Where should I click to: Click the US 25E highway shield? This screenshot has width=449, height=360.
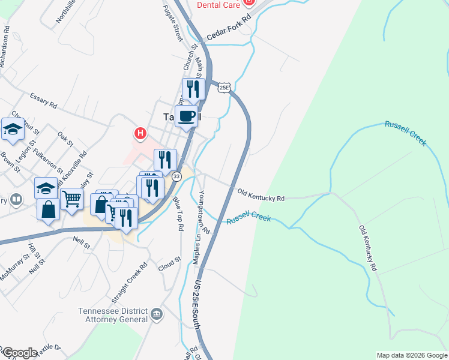point(224,88)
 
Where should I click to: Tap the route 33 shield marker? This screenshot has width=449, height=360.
point(176,176)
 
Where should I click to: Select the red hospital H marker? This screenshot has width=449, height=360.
point(140,133)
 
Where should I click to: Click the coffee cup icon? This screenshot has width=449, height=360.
point(188,116)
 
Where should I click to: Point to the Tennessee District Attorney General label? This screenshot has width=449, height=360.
point(113,316)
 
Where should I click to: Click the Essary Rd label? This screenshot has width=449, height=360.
point(44,100)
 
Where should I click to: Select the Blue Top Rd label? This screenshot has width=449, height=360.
point(178,214)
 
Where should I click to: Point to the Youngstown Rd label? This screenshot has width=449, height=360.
point(202,211)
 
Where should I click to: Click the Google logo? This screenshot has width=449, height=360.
point(19,353)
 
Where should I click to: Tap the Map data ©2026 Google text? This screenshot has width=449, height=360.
point(411,355)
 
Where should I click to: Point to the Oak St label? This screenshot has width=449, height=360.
point(65,139)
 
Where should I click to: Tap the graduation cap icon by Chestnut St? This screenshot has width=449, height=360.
point(13,130)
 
